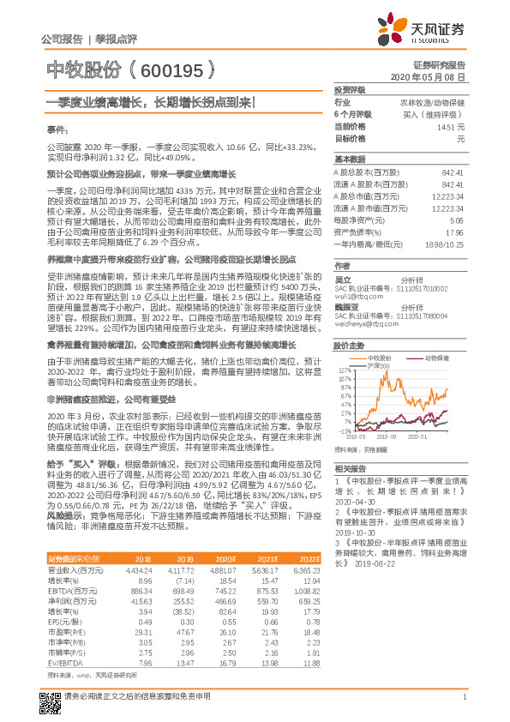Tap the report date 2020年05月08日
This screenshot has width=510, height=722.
coord(439,76)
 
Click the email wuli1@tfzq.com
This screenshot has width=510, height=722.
coord(352,284)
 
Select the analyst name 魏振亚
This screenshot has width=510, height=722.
coord(346,304)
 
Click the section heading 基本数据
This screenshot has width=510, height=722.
coord(349,159)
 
